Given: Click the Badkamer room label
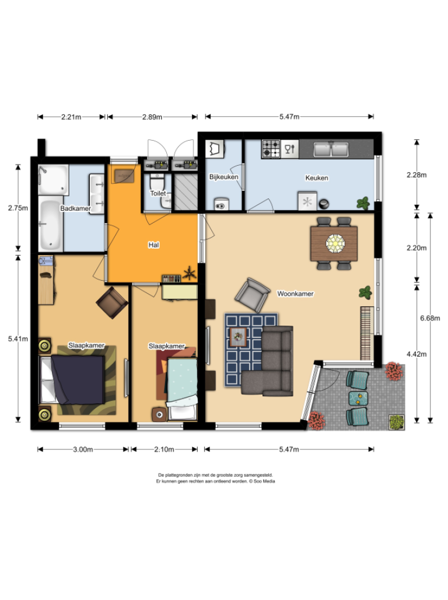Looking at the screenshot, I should tap(75, 208).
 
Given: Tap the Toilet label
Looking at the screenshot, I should tap(158, 193).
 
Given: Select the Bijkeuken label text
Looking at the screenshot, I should tap(223, 177).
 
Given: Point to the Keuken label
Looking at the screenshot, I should tap(317, 178).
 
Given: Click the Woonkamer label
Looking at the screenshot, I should tap(295, 294).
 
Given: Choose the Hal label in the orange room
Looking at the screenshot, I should tap(153, 245).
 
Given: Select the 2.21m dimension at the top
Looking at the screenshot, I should tap(71, 117).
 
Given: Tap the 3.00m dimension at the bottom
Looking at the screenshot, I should tap(83, 449).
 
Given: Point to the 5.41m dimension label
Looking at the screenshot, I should tap(18, 339).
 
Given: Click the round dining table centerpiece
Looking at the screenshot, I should tap(335, 243).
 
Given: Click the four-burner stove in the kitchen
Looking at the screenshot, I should tap(271, 149).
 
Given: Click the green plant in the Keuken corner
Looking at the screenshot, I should tap(363, 203).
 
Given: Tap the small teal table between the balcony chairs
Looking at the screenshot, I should tap(356, 397).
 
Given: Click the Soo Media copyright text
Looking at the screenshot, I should tap(215, 482).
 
